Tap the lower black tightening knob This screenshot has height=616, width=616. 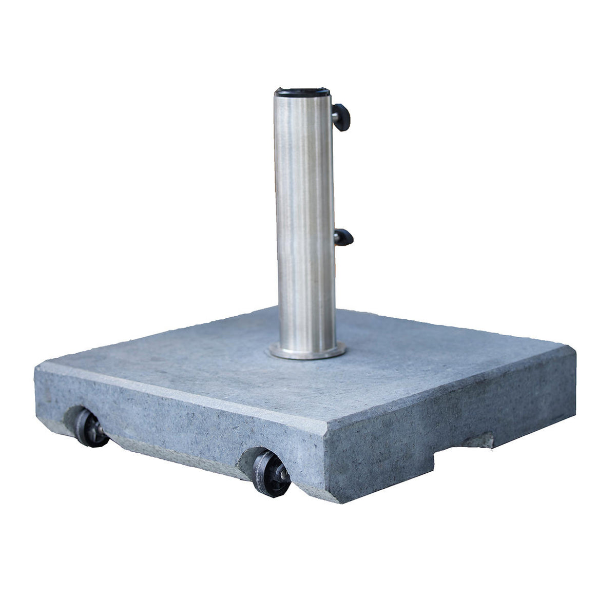coord(345,237)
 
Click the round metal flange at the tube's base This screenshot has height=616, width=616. coord(306,352)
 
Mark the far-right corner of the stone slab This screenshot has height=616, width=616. coord(574,354)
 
